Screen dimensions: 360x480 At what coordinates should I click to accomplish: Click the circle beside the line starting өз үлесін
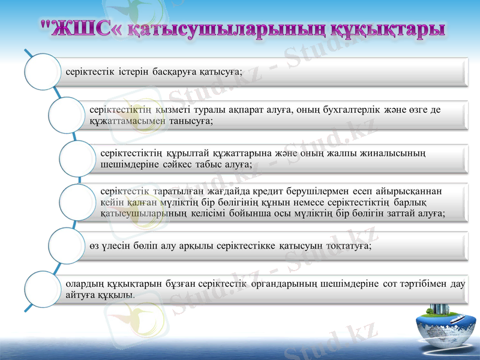tap(67, 245)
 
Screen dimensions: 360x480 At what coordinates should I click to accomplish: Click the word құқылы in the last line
tap(114, 295)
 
